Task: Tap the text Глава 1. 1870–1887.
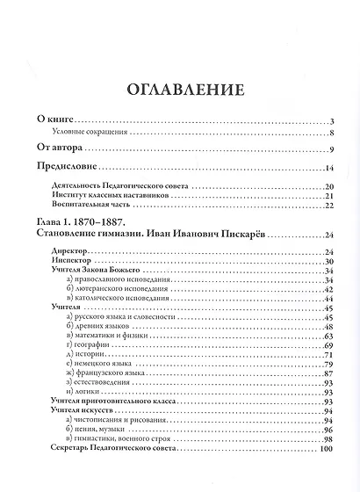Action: [x=82, y=223]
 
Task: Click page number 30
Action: [x=331, y=262]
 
